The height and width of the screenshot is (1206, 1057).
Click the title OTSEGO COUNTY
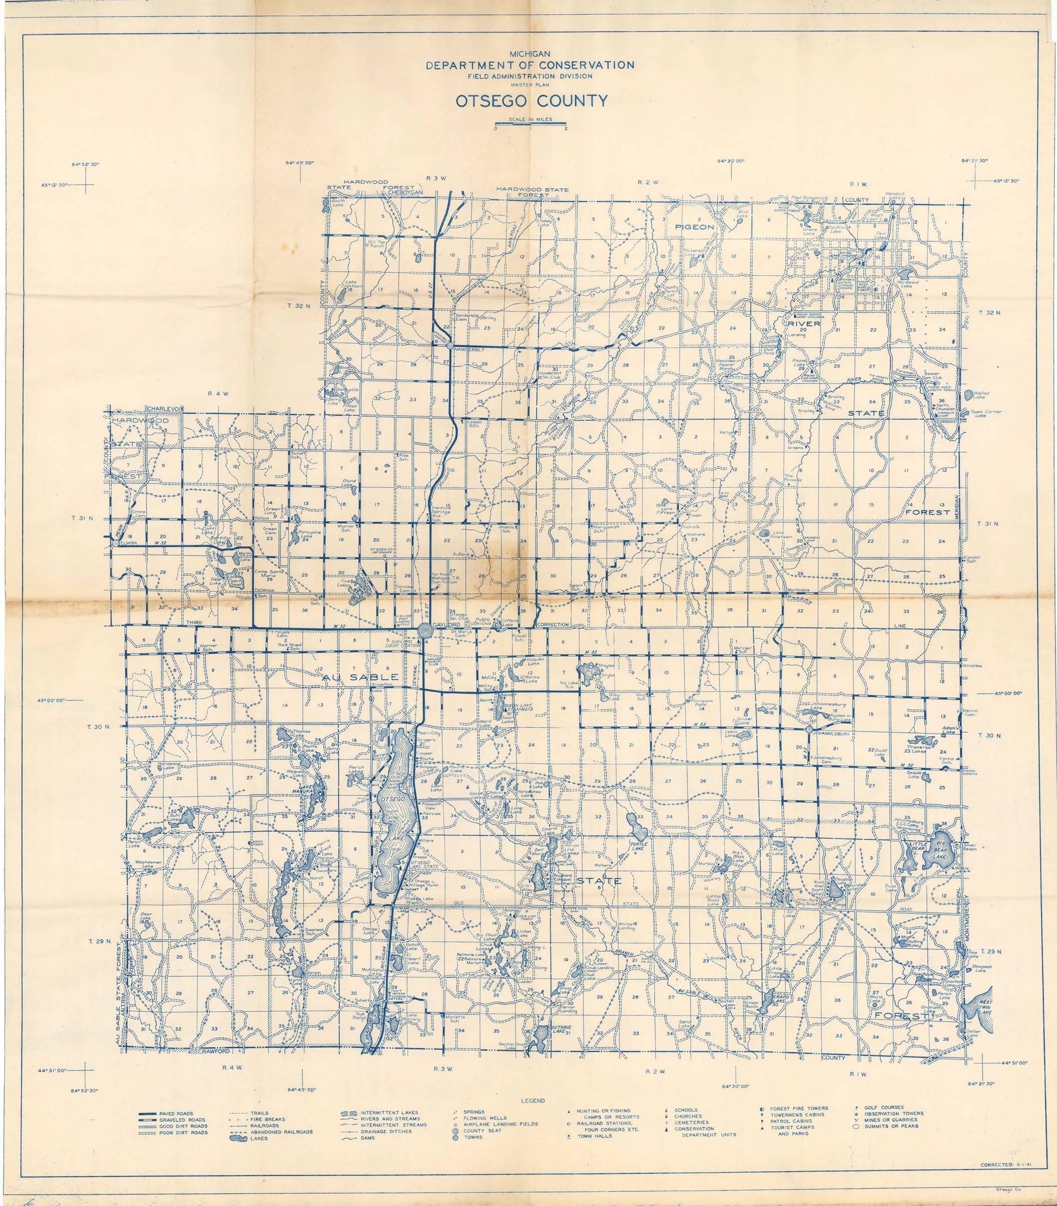531,101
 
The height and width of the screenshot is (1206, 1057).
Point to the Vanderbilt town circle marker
450,345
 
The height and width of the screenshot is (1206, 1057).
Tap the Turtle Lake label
639,845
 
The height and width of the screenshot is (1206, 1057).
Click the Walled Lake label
981,395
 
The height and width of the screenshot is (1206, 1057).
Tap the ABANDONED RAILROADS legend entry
281,1132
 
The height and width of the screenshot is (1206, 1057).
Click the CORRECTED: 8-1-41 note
1004,1165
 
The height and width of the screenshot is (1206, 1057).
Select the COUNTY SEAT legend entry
482,1130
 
